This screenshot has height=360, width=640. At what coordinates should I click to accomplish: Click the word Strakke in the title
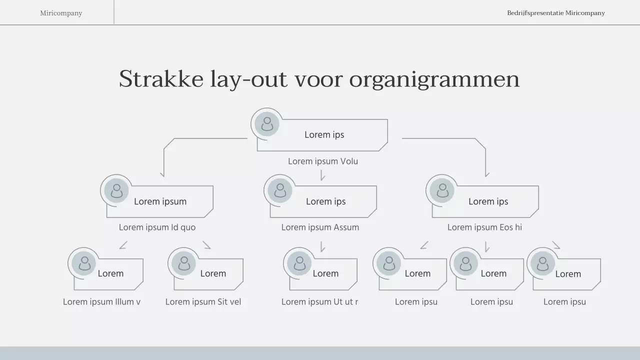click(x=161, y=79)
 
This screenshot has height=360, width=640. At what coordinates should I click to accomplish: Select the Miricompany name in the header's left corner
click(x=61, y=13)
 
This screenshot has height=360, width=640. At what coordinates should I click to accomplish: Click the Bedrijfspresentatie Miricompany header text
click(x=555, y=13)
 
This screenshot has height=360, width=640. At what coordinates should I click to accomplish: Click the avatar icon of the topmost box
click(x=267, y=123)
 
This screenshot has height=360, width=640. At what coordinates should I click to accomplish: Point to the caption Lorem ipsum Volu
click(x=322, y=161)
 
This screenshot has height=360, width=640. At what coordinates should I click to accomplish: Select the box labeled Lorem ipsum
click(x=160, y=201)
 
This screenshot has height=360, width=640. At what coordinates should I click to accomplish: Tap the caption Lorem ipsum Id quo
click(x=157, y=227)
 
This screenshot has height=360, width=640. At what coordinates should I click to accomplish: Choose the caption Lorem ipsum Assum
click(x=320, y=227)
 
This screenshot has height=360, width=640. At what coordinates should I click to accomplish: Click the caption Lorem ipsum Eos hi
click(x=484, y=227)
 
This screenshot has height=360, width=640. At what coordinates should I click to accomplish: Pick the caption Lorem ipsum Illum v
click(x=101, y=302)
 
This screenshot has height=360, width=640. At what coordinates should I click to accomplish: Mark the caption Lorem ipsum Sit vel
click(x=203, y=302)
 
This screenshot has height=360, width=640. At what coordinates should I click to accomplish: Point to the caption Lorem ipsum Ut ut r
click(x=319, y=302)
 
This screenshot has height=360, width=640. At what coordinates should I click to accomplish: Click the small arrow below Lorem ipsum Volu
click(x=322, y=175)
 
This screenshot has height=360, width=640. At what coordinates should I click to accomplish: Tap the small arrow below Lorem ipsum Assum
click(x=322, y=247)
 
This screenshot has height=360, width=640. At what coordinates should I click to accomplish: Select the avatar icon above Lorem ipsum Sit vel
click(x=184, y=263)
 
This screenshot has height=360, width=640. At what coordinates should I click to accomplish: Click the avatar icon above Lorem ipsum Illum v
click(x=84, y=263)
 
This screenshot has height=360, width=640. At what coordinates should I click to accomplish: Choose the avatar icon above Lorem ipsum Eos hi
click(x=442, y=190)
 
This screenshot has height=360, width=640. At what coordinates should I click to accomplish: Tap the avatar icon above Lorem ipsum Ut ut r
click(x=299, y=263)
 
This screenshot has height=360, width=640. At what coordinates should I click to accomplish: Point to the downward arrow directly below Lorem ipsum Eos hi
click(x=486, y=247)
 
